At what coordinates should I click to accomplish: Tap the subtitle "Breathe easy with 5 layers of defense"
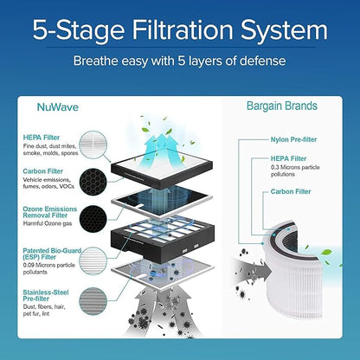[180, 62]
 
